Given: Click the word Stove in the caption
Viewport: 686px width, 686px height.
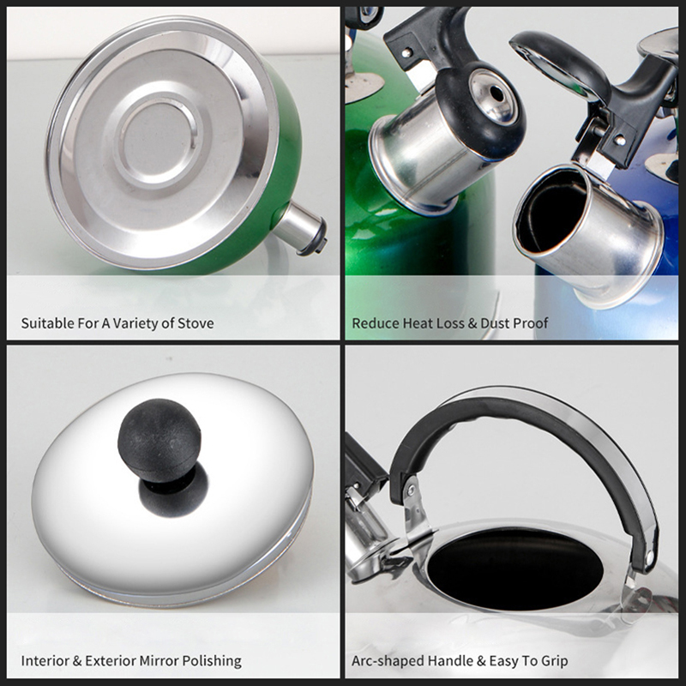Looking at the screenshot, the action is pos(196,323).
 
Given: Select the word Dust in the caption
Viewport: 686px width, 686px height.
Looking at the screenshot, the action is pos(495,323).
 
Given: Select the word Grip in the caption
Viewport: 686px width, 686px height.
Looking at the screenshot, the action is pos(554,661).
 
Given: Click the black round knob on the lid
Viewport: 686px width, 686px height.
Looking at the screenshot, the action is pos(159,440).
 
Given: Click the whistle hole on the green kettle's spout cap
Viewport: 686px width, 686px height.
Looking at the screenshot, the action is pos(496,93).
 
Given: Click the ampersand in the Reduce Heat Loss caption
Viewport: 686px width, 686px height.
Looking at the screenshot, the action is pos(472,324).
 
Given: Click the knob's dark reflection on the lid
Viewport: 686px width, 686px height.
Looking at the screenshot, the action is pos(174,490).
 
